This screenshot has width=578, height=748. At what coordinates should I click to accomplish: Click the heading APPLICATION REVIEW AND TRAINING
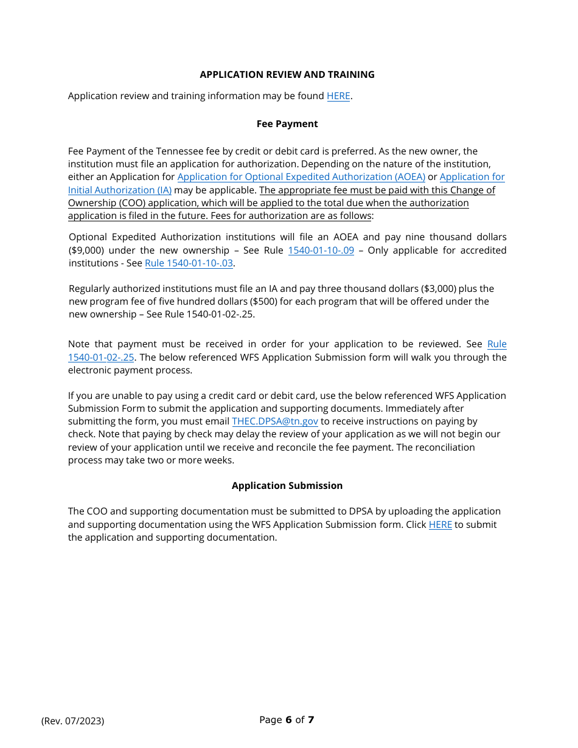[x=287, y=75]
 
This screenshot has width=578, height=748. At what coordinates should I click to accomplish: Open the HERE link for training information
[x=338, y=96]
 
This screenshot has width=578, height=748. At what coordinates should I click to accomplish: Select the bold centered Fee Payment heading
[x=287, y=124]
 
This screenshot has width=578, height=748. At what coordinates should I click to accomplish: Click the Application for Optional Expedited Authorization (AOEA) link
[x=301, y=177]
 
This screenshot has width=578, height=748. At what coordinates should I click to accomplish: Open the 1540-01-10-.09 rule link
[x=321, y=251]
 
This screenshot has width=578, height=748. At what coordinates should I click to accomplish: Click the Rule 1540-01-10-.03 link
[x=189, y=263]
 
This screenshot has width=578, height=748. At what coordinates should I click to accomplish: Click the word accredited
[x=483, y=251]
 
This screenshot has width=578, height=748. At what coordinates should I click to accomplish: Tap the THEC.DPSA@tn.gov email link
[x=275, y=421]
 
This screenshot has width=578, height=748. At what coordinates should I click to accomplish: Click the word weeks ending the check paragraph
[x=220, y=460]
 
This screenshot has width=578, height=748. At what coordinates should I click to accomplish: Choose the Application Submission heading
[x=287, y=486]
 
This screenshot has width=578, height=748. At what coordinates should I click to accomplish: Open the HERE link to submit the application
[x=440, y=525]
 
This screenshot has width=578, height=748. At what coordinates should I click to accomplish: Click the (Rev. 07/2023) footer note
[x=72, y=721]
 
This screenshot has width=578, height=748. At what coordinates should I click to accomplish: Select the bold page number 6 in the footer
[x=288, y=720]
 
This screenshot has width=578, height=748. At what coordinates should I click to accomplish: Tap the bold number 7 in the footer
[x=311, y=720]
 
